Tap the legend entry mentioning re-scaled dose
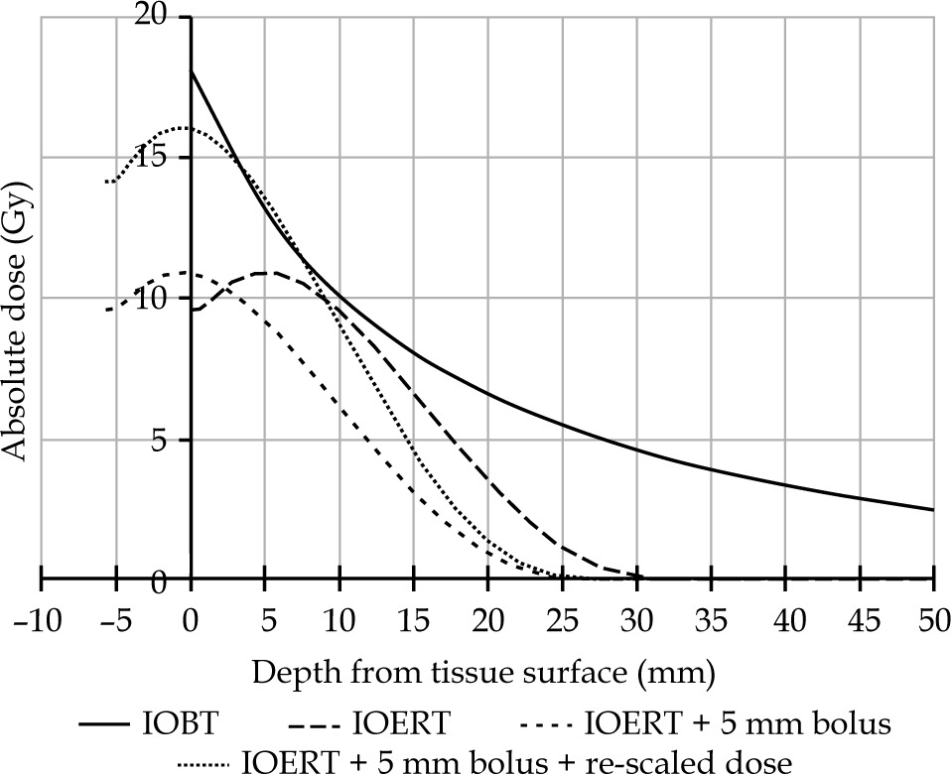click(x=516, y=760)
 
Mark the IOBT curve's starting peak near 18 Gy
click(x=191, y=71)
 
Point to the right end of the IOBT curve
click(x=932, y=509)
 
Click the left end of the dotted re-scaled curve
click(x=105, y=182)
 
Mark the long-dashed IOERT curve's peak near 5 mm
click(x=265, y=272)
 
